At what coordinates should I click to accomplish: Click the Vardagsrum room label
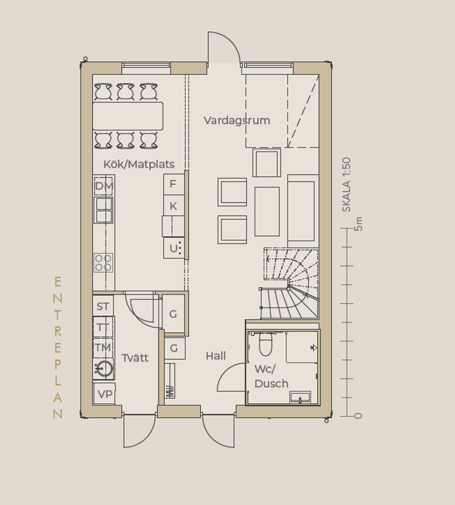(x=237, y=120)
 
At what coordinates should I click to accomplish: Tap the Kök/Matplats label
(x=139, y=164)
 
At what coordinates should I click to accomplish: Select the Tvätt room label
(x=135, y=358)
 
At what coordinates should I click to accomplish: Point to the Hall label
(x=216, y=356)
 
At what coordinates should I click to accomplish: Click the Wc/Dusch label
(x=271, y=376)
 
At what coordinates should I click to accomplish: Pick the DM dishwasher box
(x=103, y=186)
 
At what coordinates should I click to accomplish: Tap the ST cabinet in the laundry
(x=103, y=306)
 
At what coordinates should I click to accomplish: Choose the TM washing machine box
(x=103, y=348)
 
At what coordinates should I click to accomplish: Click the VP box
(x=104, y=394)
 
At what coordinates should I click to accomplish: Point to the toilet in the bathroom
(x=265, y=343)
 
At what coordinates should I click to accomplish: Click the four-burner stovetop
(x=103, y=263)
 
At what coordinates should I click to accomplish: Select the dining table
(x=127, y=116)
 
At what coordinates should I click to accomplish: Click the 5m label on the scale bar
(x=358, y=224)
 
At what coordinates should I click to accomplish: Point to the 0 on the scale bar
(x=358, y=416)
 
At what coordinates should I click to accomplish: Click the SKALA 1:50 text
(x=346, y=185)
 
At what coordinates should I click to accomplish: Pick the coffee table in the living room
(x=267, y=212)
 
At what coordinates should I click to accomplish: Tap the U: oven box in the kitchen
(x=174, y=248)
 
